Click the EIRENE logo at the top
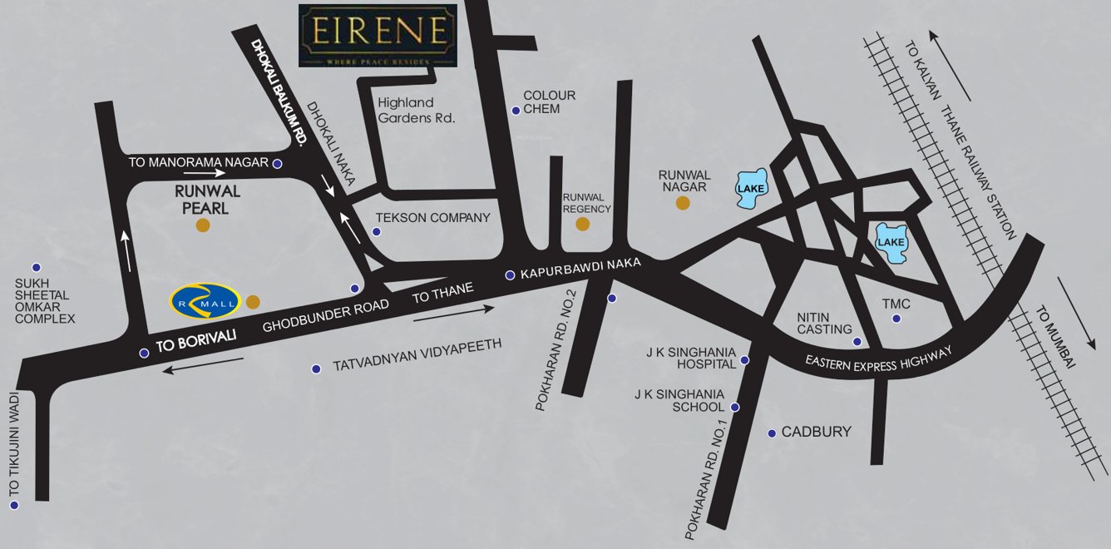coord(378,35)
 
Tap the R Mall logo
coord(205,300)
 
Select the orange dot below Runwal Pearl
coord(202,225)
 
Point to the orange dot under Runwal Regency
coord(583,224)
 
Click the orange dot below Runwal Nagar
coord(683,202)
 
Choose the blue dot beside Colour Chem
coord(516,111)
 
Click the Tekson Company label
coord(433,218)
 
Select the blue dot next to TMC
coord(896,319)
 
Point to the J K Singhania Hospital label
coord(691,358)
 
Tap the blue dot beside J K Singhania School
coord(735,407)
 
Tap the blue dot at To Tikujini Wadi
coord(14,505)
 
